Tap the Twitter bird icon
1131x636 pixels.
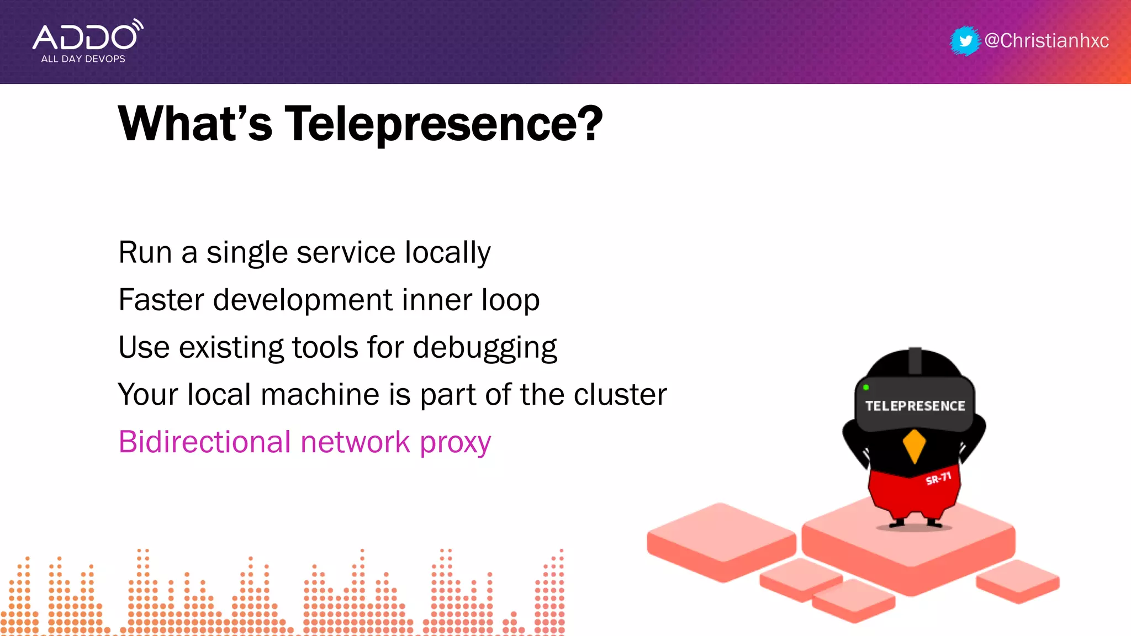tap(965, 41)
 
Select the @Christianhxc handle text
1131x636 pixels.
tap(1047, 41)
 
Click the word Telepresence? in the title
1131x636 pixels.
tap(443, 125)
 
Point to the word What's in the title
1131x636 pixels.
tap(195, 124)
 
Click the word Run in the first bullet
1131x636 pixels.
tap(145, 253)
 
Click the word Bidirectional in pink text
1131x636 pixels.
tap(204, 442)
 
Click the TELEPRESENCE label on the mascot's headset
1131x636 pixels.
tap(915, 406)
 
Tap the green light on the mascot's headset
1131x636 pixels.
tap(866, 388)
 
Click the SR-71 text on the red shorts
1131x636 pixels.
tap(938, 478)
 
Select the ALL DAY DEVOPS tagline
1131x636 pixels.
tap(83, 59)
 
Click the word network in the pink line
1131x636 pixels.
tap(355, 442)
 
